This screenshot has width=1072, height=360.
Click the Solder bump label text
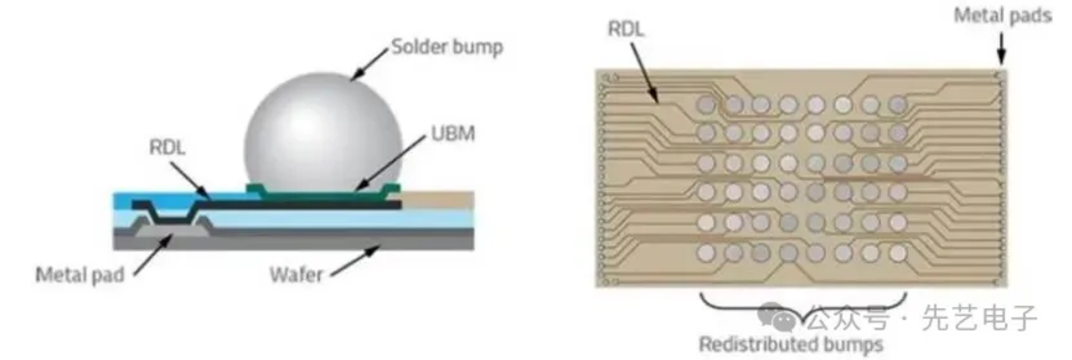[447, 46]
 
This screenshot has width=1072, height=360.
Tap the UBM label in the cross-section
[453, 134]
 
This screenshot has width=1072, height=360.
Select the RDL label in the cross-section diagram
[167, 147]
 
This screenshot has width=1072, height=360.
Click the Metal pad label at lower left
[80, 275]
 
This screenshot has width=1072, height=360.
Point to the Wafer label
[296, 275]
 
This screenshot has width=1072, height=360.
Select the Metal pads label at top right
[1003, 16]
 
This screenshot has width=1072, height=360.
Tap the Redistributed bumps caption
[791, 344]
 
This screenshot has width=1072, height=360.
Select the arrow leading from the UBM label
[391, 162]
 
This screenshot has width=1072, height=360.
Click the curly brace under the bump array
[803, 310]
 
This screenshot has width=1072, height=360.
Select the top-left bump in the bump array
[706, 104]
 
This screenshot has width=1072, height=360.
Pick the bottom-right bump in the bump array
[898, 253]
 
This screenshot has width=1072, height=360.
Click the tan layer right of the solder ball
[437, 200]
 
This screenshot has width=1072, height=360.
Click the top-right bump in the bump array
[898, 104]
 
